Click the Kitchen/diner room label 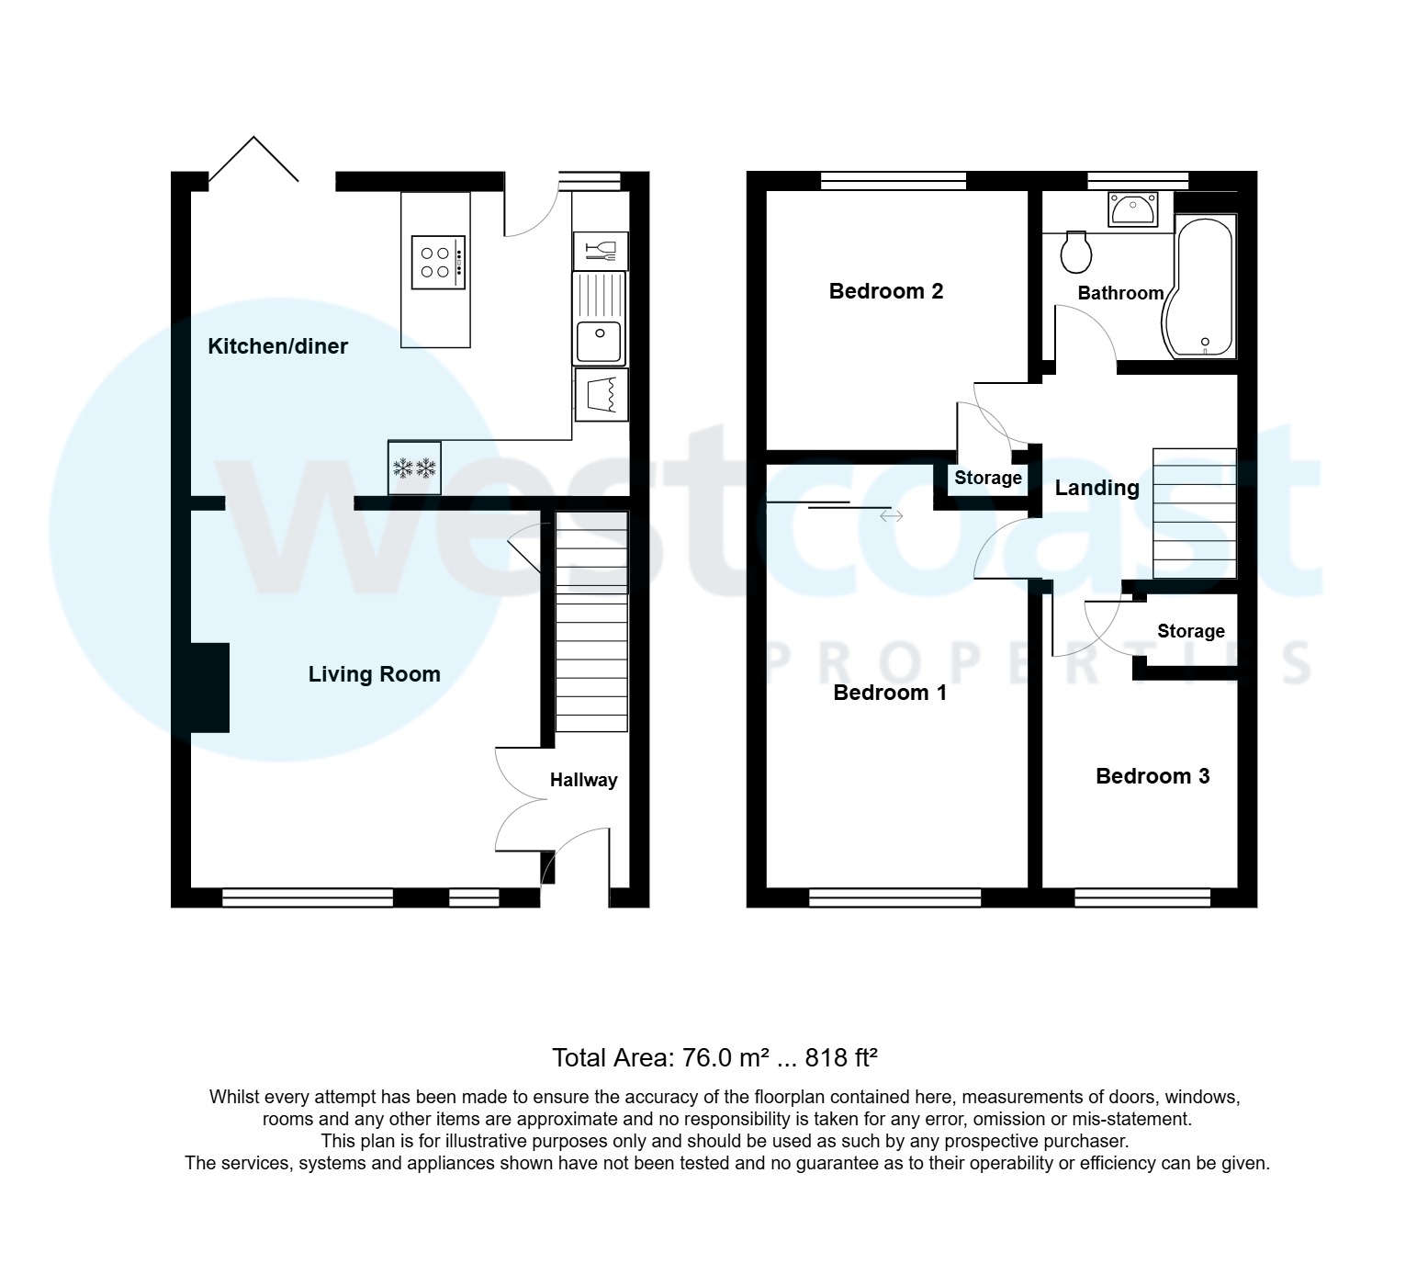(x=277, y=346)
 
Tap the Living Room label (x=374, y=674)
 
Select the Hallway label (x=583, y=780)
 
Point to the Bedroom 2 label (x=885, y=291)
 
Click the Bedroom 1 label (x=889, y=693)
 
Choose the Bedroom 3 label (x=1152, y=776)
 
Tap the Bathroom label (x=1119, y=293)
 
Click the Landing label (x=1096, y=488)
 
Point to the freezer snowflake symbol (x=414, y=468)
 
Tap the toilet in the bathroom (x=1075, y=252)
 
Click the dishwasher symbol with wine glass (x=601, y=250)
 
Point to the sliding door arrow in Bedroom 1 (x=891, y=516)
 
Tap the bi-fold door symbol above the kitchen (x=253, y=162)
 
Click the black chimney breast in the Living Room (x=210, y=687)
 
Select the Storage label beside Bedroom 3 (x=1190, y=631)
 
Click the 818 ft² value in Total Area (x=841, y=1058)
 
